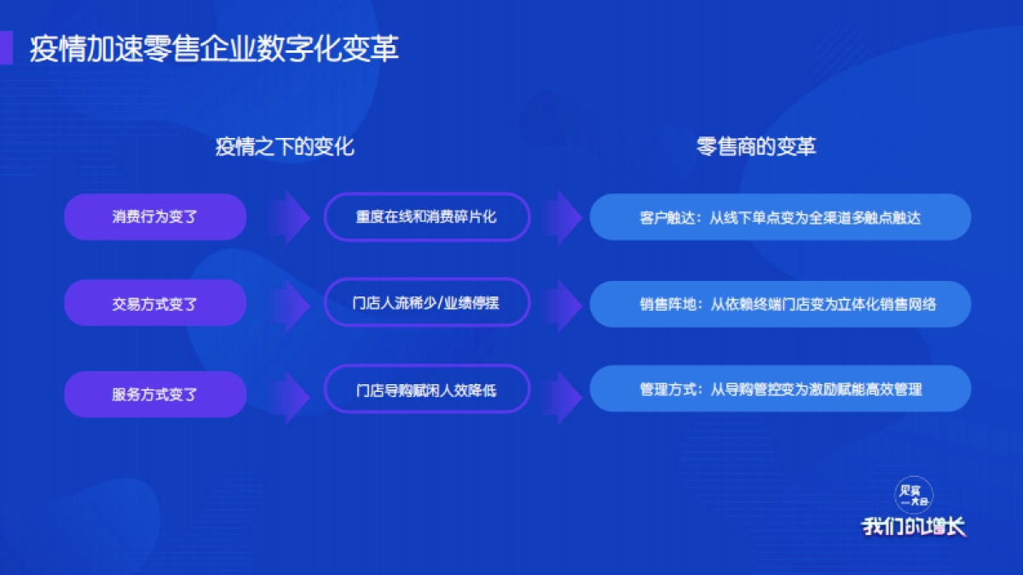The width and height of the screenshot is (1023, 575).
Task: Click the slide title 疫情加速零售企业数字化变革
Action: [x=214, y=49]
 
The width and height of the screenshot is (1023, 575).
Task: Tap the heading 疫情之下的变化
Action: [x=285, y=147]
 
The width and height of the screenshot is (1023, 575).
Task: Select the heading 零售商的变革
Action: [x=756, y=147]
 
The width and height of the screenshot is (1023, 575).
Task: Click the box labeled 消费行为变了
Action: [x=155, y=217]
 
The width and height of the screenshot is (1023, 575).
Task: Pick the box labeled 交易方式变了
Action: [x=155, y=303]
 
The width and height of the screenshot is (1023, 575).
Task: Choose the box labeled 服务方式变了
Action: [x=155, y=394]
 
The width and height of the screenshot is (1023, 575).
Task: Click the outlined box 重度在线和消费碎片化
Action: [x=426, y=216]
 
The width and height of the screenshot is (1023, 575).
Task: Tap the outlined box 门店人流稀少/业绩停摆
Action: [x=426, y=302]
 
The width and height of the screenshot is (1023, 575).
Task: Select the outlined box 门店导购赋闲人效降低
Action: [x=426, y=390]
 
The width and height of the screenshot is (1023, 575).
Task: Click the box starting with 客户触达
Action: [x=780, y=217]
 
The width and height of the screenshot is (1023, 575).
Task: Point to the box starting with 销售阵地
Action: [x=780, y=303]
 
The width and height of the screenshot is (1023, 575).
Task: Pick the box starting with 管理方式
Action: [x=780, y=389]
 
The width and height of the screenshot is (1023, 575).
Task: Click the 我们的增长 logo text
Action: [x=914, y=526]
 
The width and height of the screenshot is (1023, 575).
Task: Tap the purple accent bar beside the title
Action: [x=6, y=49]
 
